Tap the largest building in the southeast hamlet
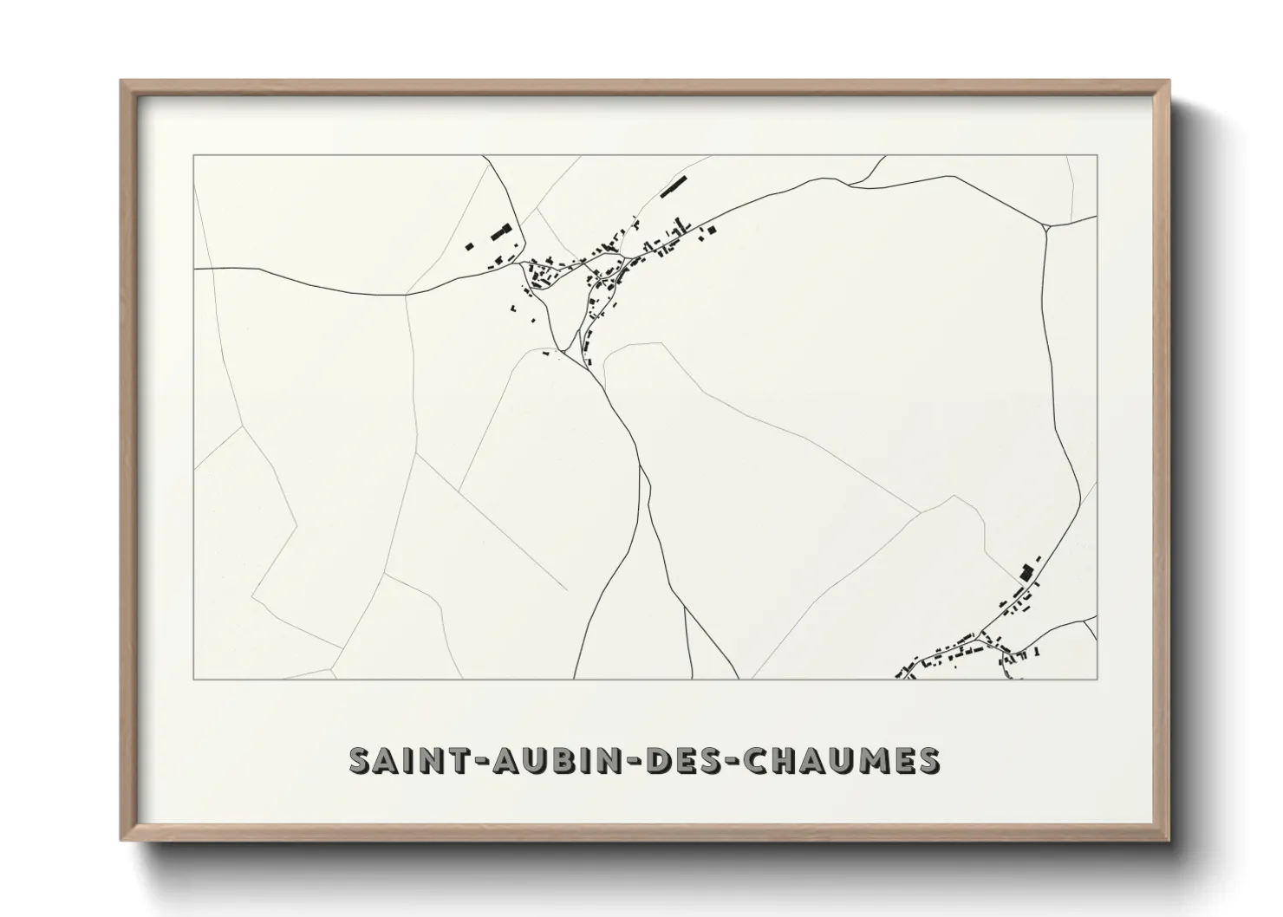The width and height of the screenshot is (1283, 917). [x=1026, y=572]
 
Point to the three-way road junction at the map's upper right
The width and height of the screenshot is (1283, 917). [x=1047, y=228]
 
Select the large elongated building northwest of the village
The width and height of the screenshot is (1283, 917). [x=500, y=232]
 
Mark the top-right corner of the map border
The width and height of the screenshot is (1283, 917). [x=1097, y=156]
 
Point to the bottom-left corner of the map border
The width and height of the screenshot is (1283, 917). [x=194, y=679]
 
